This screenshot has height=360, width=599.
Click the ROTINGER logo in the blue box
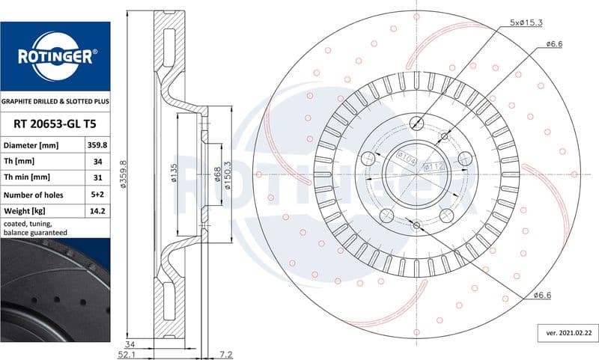coord(56,56)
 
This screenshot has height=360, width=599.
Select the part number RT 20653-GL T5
coord(55,124)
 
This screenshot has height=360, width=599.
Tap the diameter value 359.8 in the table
coord(97,145)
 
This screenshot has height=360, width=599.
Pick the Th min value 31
coord(98,177)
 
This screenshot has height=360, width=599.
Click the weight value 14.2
coord(97,211)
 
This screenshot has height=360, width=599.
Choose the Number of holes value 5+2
coord(97,195)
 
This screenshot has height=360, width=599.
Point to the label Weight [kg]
coord(25,211)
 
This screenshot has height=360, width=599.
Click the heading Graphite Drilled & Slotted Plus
coord(55,102)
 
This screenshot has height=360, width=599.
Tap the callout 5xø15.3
coord(526,22)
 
